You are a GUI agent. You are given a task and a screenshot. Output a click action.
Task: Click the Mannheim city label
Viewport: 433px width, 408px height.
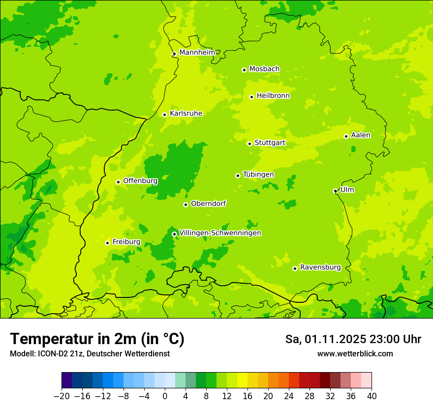[197, 53]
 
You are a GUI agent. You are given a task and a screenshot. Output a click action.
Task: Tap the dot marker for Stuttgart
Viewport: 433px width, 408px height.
[249, 144]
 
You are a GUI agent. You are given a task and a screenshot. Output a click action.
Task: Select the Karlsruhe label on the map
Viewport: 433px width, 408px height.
[186, 114]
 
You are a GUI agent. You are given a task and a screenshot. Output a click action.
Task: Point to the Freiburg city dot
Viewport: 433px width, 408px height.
[107, 243]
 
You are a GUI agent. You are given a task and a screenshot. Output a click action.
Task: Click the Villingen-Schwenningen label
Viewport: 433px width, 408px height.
[220, 233]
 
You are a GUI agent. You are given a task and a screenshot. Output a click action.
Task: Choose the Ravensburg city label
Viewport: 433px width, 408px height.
[320, 267]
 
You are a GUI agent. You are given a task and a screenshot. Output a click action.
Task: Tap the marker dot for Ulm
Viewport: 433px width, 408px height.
[335, 191]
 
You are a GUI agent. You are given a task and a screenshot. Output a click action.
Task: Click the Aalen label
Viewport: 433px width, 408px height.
[360, 135]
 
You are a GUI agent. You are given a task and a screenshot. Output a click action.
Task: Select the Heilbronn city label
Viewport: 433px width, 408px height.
[273, 96]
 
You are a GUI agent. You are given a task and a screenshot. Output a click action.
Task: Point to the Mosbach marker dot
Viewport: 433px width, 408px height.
[244, 70]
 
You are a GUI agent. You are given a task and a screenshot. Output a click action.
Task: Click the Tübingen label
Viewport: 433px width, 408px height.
[258, 175]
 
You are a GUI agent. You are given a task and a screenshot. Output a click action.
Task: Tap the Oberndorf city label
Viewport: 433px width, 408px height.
[209, 204]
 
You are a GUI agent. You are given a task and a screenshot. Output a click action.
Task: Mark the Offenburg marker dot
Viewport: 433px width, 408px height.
[118, 182]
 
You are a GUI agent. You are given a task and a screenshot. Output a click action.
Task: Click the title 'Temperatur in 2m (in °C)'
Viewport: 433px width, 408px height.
[97, 339]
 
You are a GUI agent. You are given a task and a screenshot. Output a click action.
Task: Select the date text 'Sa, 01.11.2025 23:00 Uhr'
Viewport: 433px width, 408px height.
[353, 339]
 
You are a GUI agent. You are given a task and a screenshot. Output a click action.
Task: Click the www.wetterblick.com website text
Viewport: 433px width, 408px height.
[355, 353]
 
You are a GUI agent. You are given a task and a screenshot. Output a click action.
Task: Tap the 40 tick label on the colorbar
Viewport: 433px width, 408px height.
[371, 396]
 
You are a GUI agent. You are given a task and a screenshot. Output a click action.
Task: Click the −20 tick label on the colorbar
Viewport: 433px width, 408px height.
[62, 396]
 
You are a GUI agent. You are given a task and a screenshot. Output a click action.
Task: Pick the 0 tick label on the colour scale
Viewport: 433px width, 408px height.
[165, 396]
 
